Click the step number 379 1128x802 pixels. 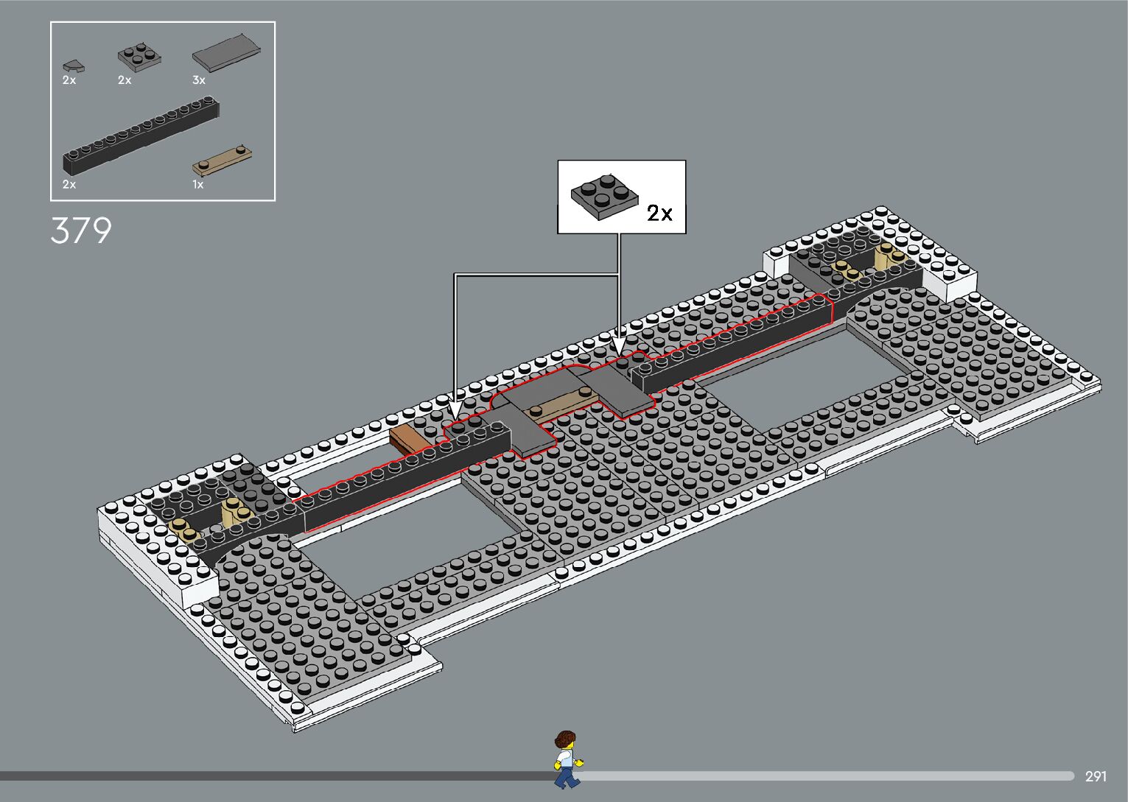pyautogui.click(x=81, y=231)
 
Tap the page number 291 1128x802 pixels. pyautogui.click(x=1096, y=776)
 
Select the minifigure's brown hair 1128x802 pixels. pyautogui.click(x=564, y=738)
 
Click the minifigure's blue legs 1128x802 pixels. pyautogui.click(x=566, y=776)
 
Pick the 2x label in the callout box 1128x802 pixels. pyautogui.click(x=659, y=214)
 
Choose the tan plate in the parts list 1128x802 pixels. pyautogui.click(x=223, y=160)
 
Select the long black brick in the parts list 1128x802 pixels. pyautogui.click(x=141, y=136)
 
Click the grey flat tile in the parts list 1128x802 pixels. pyautogui.click(x=226, y=54)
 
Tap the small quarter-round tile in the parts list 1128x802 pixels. pyautogui.click(x=72, y=66)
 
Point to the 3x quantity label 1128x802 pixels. pyautogui.click(x=199, y=80)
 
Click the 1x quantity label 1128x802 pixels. pyautogui.click(x=198, y=185)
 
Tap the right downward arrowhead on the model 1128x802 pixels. pyautogui.click(x=619, y=345)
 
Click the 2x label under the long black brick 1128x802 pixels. pyautogui.click(x=69, y=185)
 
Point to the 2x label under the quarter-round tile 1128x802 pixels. pyautogui.click(x=69, y=80)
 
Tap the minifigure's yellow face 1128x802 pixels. pyautogui.click(x=566, y=750)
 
